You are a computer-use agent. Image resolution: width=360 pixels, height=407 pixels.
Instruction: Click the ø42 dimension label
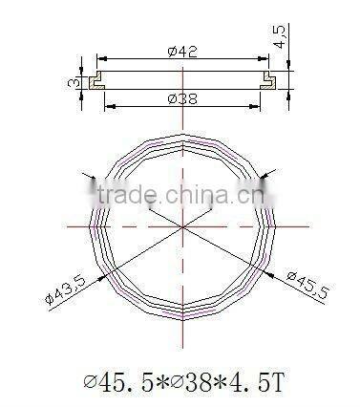pos(183,54)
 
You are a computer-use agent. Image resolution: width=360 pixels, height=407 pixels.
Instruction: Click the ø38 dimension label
pos(183,97)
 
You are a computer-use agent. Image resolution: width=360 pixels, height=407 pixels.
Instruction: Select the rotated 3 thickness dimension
pos(74,83)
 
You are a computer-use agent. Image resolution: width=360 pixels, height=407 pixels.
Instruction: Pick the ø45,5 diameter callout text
pos(303,290)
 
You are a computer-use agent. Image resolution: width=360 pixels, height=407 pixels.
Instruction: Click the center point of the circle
pos(180,226)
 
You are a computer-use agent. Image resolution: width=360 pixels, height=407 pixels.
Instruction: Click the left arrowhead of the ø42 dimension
pos(101,60)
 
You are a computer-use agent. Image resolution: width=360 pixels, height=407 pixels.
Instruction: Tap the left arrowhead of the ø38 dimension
pos(107,104)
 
